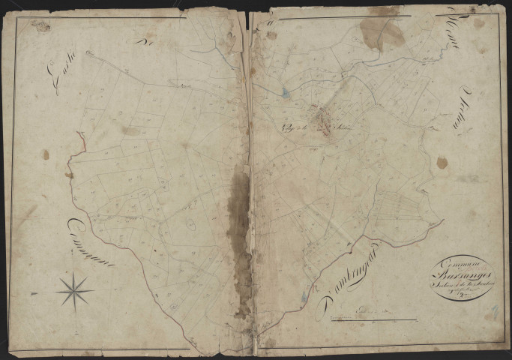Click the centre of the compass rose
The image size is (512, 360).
pyautogui.click(x=74, y=289)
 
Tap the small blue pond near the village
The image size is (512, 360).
pyautogui.click(x=285, y=94)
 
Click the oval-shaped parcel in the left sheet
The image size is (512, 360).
pyautogui.click(x=190, y=224)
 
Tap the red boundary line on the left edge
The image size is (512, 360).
pyautogui.click(x=77, y=144)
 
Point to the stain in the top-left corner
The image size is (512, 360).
pyautogui.click(x=41, y=27)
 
